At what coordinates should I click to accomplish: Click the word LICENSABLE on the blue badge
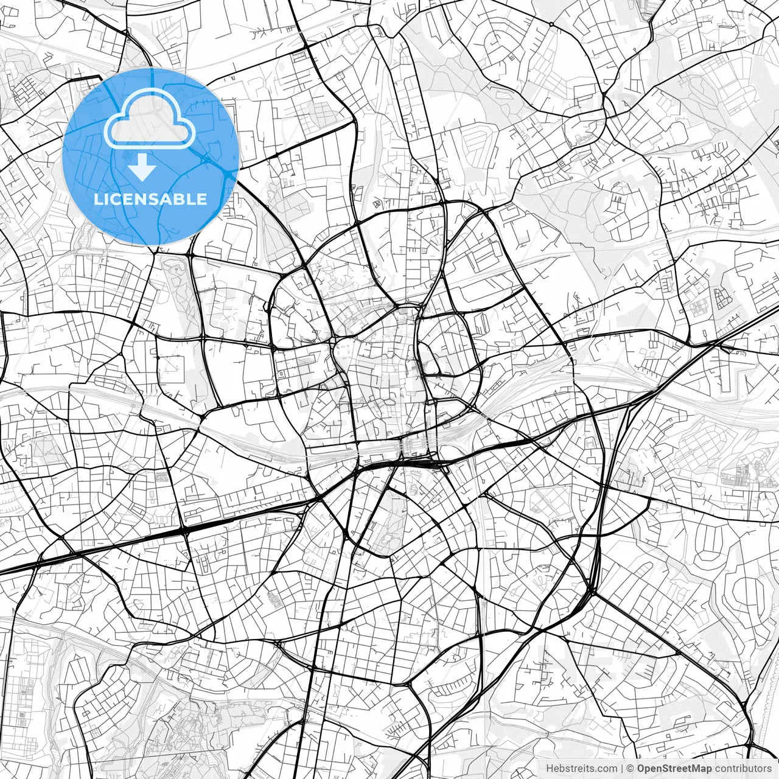point(150,199)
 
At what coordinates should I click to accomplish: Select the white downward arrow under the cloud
point(143,167)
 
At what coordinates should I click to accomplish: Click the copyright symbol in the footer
point(631,769)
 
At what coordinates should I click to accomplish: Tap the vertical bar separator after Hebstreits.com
point(622,769)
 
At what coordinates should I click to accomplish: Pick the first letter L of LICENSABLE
point(97,199)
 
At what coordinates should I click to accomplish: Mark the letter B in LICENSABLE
point(181,199)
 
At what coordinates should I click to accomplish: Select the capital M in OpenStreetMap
point(694,769)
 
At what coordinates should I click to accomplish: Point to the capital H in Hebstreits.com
point(550,769)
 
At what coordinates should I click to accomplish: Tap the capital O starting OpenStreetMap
point(641,769)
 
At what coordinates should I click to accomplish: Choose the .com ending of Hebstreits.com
point(606,769)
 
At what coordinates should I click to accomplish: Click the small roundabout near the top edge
point(551,24)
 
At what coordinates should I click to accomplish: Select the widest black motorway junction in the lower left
point(184,531)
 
